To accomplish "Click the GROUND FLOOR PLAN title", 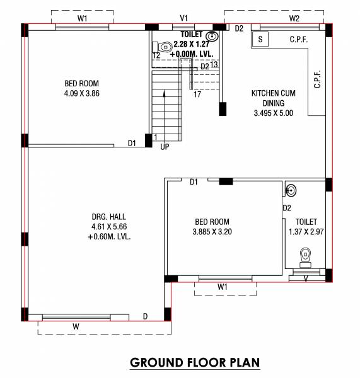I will click(194, 363).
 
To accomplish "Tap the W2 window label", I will click(294, 18).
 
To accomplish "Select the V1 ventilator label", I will click(184, 18).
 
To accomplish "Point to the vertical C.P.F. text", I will click(317, 79).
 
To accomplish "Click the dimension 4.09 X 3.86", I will click(82, 93).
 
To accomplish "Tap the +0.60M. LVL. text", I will click(109, 237).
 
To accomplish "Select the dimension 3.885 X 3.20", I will click(212, 232).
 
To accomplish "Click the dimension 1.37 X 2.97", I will click(306, 232).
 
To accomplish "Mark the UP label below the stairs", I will click(165, 147).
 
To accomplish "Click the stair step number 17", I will click(197, 95).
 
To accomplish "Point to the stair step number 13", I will click(214, 65).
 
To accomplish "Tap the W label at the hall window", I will click(76, 326).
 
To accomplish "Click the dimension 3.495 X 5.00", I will click(273, 114).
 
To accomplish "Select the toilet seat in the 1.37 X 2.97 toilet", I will click(306, 255).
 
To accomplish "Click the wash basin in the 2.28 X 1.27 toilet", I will click(214, 36).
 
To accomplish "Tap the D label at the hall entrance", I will click(145, 316).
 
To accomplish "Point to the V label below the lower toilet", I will click(306, 277).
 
